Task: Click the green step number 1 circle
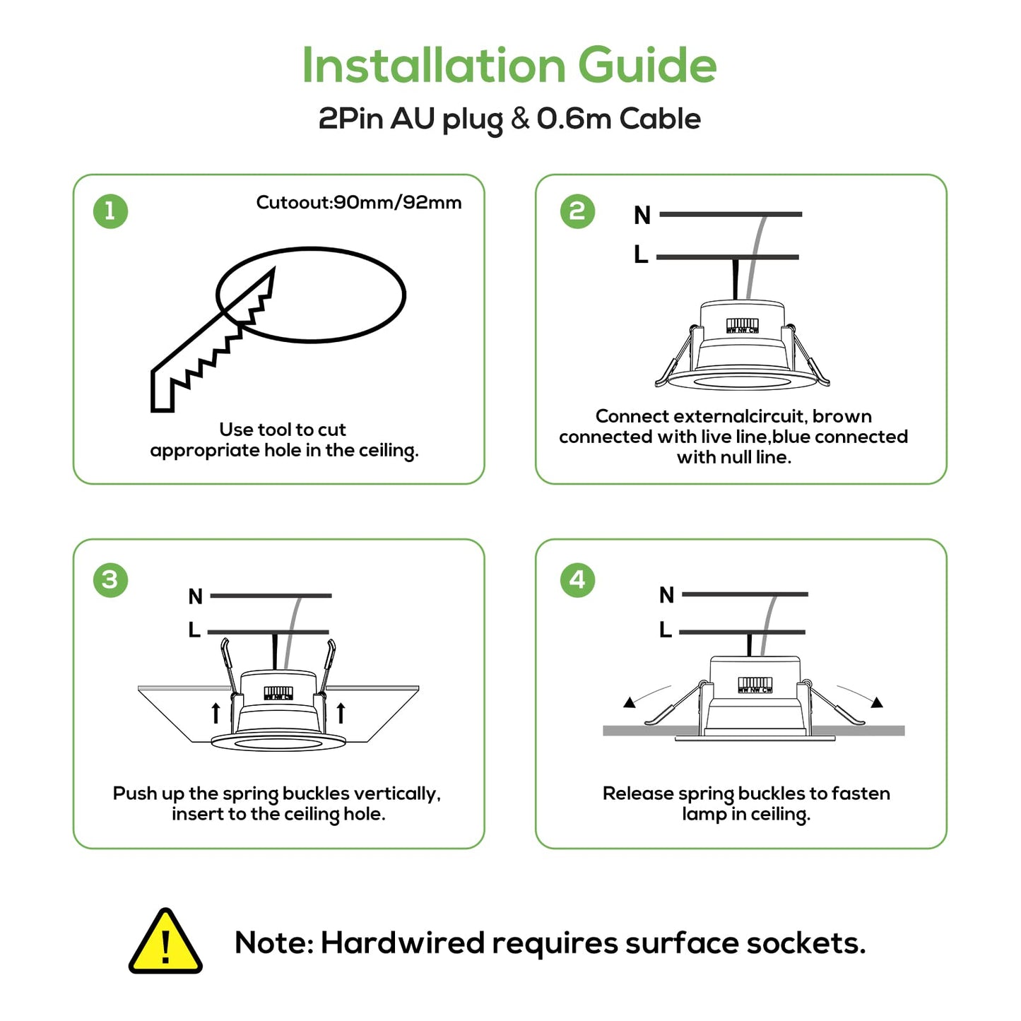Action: pyautogui.click(x=110, y=211)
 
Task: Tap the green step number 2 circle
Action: pyautogui.click(x=577, y=211)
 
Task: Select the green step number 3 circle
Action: pyautogui.click(x=110, y=580)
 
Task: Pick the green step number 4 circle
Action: pyautogui.click(x=577, y=580)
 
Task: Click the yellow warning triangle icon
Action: pyautogui.click(x=165, y=943)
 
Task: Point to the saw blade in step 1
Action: pyautogui.click(x=212, y=339)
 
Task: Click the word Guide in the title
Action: pyautogui.click(x=647, y=65)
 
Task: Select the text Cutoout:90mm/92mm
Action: pyautogui.click(x=359, y=203)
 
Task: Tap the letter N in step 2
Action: pyautogui.click(x=642, y=215)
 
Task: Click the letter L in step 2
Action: pyautogui.click(x=641, y=254)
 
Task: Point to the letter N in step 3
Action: pyautogui.click(x=196, y=597)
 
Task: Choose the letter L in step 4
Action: pyautogui.click(x=666, y=630)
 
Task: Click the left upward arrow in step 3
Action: pyautogui.click(x=216, y=713)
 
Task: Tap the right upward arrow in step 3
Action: pyautogui.click(x=341, y=713)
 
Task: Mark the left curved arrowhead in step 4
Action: pyautogui.click(x=629, y=702)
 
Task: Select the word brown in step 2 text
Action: pyautogui.click(x=842, y=416)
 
